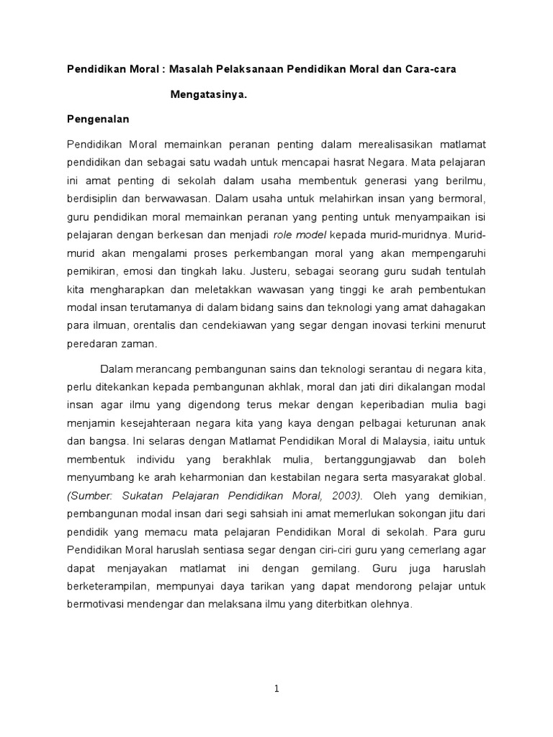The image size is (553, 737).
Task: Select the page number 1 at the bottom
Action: pos(276,689)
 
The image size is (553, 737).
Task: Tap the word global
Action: pos(471,477)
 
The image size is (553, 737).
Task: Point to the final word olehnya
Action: pos(391,605)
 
